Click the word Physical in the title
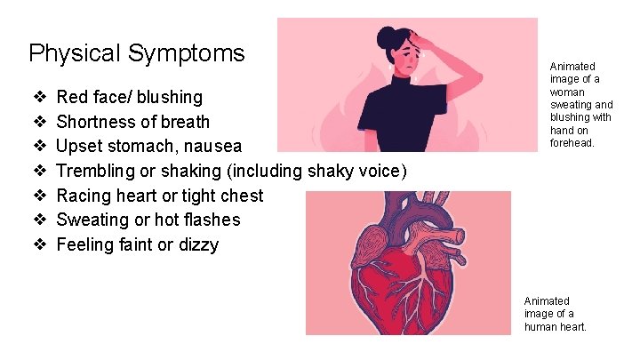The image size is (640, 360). click(x=75, y=53)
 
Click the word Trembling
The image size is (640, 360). click(x=97, y=171)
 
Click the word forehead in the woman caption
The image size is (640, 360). click(x=572, y=142)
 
